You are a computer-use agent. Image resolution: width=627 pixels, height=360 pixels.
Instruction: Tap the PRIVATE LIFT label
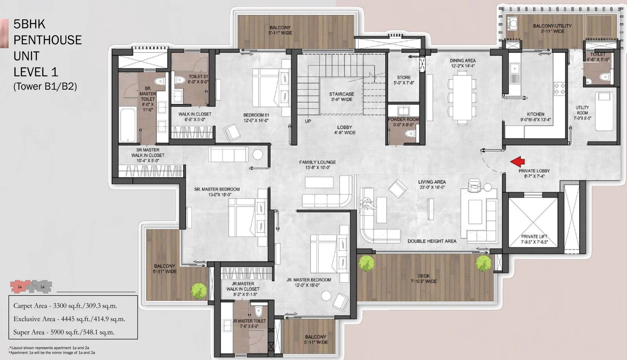(534, 239)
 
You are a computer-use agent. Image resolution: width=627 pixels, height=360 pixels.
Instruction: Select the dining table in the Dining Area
(462, 97)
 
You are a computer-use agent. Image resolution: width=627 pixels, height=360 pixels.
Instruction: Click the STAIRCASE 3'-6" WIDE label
(341, 97)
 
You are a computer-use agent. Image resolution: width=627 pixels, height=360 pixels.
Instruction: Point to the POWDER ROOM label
(403, 119)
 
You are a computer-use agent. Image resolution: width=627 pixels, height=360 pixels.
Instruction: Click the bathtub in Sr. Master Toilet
(128, 125)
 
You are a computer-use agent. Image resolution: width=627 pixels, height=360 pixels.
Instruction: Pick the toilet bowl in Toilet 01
(180, 80)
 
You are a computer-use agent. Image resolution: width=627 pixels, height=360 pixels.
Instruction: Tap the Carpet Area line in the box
(65, 306)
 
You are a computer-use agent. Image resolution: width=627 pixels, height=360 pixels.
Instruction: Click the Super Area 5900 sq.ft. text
(64, 332)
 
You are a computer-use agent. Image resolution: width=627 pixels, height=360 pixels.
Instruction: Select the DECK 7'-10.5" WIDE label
(423, 278)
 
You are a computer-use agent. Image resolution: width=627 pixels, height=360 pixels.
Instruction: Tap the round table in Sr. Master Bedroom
(257, 154)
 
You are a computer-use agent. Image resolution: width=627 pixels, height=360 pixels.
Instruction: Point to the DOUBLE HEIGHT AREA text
(432, 241)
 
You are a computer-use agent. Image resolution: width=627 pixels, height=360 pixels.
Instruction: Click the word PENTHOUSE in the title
(47, 40)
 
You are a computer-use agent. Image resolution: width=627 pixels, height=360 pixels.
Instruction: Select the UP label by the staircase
(308, 121)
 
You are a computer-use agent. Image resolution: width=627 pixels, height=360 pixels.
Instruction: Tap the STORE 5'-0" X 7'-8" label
(404, 80)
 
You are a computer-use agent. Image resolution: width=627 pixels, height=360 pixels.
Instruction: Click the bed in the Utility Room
(604, 111)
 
